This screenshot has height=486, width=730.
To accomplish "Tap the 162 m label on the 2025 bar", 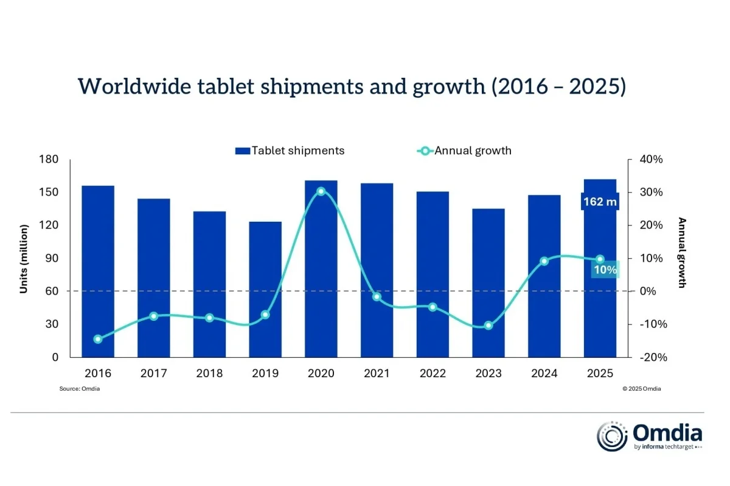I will [600, 202].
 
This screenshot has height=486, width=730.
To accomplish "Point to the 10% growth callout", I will [605, 269].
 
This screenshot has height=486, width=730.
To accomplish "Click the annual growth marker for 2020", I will [321, 191].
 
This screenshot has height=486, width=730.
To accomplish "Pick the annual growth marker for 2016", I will [98, 339].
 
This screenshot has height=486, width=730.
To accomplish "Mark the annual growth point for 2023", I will [488, 326].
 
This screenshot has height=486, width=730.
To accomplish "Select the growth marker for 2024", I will [544, 261].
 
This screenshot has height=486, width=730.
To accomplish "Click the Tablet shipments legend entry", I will [290, 151].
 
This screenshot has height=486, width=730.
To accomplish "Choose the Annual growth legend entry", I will [465, 151].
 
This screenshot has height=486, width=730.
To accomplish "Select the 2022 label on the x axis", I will [433, 374].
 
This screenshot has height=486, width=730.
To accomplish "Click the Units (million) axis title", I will [24, 259].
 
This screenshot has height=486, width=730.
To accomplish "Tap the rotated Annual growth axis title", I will [682, 252].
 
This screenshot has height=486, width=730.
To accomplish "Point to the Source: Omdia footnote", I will [80, 389].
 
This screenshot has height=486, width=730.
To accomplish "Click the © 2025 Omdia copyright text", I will [641, 389].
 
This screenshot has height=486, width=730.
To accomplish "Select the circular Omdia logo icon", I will [613, 436].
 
